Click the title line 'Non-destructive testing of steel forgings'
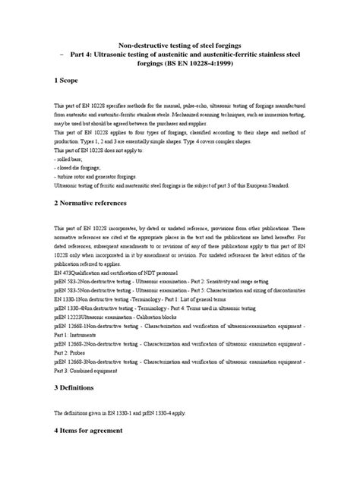click(x=179, y=45)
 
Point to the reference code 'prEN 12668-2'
click(x=73, y=346)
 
